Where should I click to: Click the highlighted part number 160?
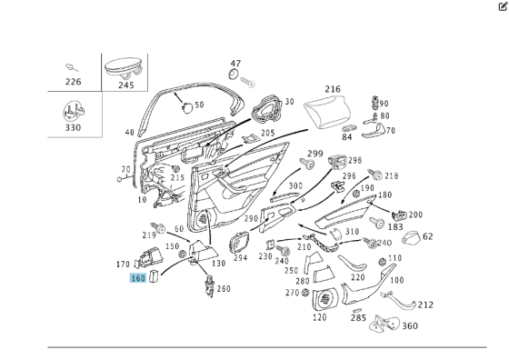coord(138,278)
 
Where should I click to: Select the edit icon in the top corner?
coord(503,6)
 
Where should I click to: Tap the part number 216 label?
coord(333,89)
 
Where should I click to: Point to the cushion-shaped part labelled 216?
coord(327,113)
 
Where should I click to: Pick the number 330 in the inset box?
coord(73,127)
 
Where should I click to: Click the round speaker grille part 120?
coord(325,299)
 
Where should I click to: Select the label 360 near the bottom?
coord(410,325)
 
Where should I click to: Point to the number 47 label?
coord(235,64)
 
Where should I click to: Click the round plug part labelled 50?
coord(187,106)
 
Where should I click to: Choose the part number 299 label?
coord(315,154)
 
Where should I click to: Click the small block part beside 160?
coord(154,277)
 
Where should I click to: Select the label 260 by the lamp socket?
coord(224,288)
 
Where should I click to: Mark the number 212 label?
coord(425,305)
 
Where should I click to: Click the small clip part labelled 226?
coord(72,67)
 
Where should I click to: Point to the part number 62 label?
coord(428,236)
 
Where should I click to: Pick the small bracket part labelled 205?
coord(251,139)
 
